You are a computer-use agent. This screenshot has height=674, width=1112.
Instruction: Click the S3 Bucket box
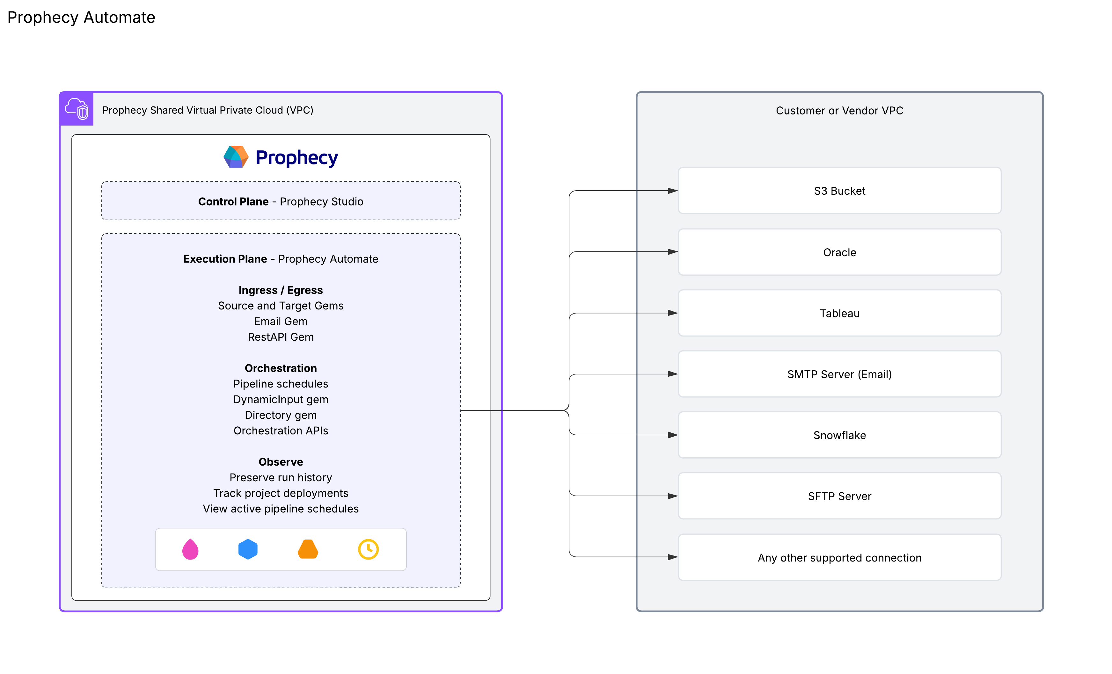click(839, 191)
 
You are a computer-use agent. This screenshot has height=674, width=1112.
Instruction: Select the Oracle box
click(839, 252)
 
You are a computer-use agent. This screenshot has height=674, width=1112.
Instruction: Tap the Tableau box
click(839, 313)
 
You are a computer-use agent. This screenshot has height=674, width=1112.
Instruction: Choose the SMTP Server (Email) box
click(839, 374)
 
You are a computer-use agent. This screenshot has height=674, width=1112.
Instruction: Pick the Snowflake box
click(839, 435)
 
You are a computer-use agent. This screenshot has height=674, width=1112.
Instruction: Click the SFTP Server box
click(839, 496)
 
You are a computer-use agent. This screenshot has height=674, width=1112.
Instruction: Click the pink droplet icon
click(190, 549)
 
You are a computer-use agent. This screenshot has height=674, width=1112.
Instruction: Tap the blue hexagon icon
click(248, 549)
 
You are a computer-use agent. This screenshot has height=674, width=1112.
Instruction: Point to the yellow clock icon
click(368, 549)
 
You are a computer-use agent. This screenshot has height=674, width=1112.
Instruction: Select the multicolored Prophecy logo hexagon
click(236, 157)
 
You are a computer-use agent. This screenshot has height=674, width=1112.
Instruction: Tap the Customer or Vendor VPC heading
click(839, 111)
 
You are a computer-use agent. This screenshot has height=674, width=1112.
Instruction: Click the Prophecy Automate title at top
click(81, 17)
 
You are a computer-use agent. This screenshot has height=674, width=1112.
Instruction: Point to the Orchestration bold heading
click(281, 368)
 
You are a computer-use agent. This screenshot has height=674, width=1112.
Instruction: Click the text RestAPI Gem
click(281, 337)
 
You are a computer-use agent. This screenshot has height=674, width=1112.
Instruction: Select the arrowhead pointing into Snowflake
click(672, 435)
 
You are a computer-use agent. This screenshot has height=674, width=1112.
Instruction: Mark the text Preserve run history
click(281, 477)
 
